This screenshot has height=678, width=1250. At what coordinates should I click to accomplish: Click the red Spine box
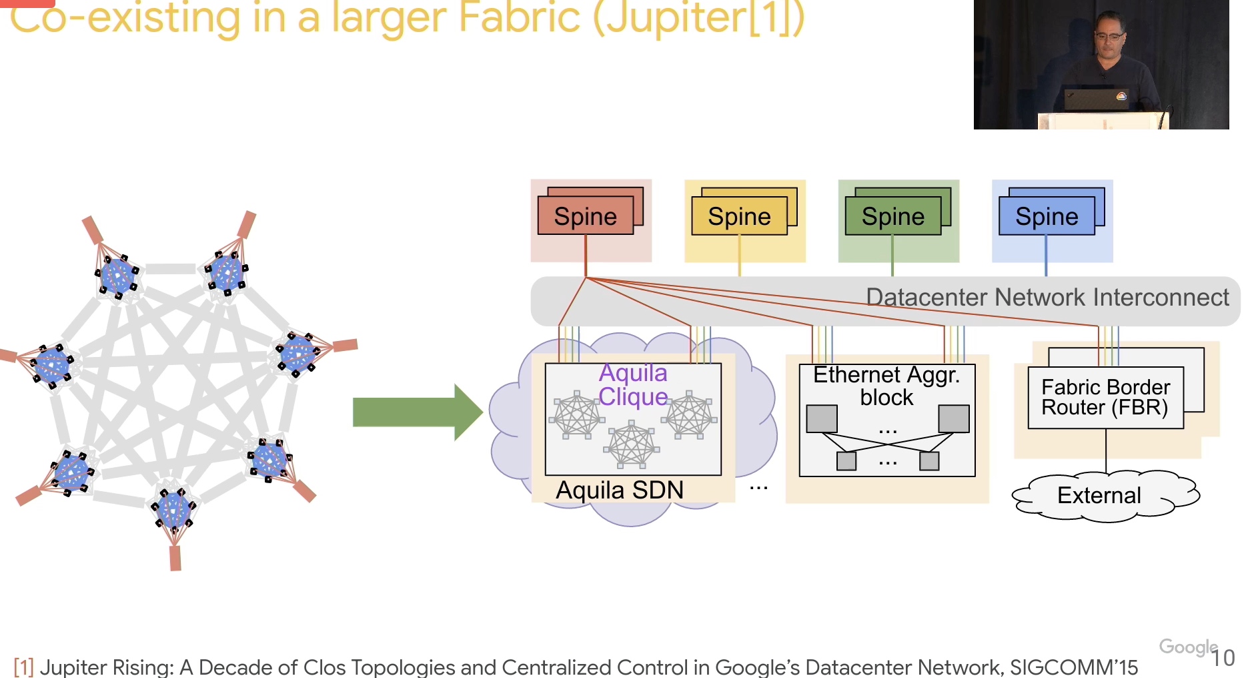[x=586, y=216]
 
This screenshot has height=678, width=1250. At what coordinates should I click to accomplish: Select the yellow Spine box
[x=739, y=216]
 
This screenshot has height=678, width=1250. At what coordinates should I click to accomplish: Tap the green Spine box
[x=892, y=216]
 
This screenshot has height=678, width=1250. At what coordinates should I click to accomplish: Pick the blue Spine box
[x=1047, y=216]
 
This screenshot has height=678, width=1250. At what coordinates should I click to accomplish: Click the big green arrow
[x=418, y=412]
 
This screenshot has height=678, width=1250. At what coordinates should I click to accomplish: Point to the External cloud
[x=1105, y=495]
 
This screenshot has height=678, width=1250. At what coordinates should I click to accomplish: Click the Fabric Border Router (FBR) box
[x=1106, y=398]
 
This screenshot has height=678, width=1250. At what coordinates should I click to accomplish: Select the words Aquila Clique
[x=633, y=384]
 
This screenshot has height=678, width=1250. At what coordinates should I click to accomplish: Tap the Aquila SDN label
[x=620, y=490]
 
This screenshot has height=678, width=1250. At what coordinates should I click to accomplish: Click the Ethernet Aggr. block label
[x=886, y=386]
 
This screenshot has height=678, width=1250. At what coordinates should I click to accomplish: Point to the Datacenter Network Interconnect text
[x=1047, y=297]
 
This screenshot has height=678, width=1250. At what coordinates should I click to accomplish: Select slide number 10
[x=1223, y=658]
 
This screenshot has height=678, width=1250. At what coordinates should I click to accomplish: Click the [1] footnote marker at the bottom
[x=23, y=667]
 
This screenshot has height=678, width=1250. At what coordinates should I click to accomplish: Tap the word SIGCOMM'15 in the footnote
[x=1074, y=667]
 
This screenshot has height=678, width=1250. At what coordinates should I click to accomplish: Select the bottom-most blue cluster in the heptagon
[x=173, y=509]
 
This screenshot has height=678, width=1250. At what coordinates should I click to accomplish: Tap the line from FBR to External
[x=1106, y=451]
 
